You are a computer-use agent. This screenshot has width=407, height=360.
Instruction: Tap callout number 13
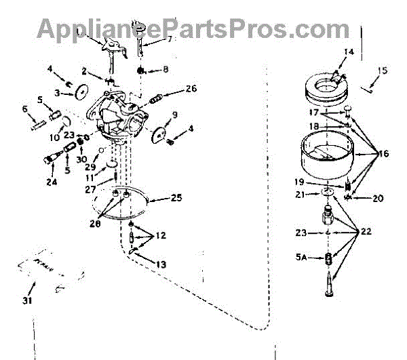click(161, 260)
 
